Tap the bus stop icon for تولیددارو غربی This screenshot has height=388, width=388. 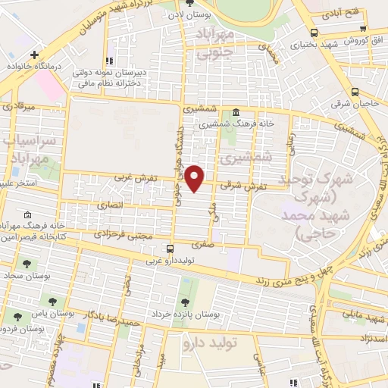pos(169,248)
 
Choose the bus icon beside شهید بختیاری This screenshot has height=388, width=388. pos(314,32)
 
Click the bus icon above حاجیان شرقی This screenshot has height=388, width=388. pos(355,92)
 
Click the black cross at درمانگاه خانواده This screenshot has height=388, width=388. pos(34,55)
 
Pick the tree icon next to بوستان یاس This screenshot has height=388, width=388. pos(52,301)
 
